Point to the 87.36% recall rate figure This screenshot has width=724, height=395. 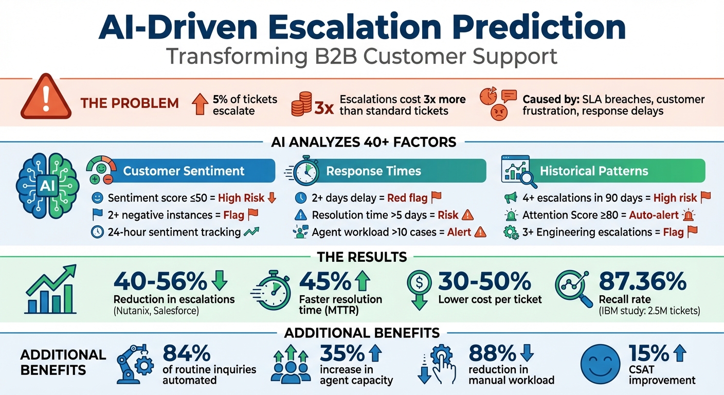point(642,282)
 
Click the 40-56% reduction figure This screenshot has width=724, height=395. point(160,282)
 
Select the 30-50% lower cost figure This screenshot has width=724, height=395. point(484,282)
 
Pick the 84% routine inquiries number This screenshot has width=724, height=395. point(186,353)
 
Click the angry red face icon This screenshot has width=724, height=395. point(499,113)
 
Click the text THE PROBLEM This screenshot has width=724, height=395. point(130,103)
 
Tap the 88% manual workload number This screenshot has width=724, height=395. point(492,353)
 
